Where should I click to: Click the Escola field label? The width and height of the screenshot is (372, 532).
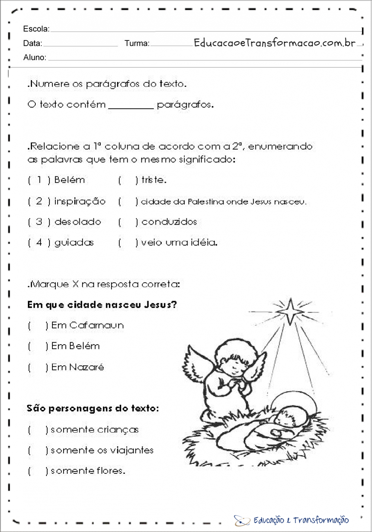(36, 29)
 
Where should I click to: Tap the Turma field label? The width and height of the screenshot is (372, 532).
(137, 43)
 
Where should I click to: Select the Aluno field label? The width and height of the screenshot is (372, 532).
(35, 58)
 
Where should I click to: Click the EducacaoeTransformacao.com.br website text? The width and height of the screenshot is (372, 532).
(275, 43)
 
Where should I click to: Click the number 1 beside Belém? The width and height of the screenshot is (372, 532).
(39, 180)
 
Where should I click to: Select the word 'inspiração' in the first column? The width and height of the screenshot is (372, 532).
(80, 202)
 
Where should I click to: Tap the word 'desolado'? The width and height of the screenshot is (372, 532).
(78, 222)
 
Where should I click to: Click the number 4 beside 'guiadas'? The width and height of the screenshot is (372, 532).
(39, 243)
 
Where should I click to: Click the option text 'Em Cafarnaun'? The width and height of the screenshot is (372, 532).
(87, 326)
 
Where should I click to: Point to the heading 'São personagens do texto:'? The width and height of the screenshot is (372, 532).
(93, 409)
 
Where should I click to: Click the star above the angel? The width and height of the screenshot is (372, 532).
(290, 311)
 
